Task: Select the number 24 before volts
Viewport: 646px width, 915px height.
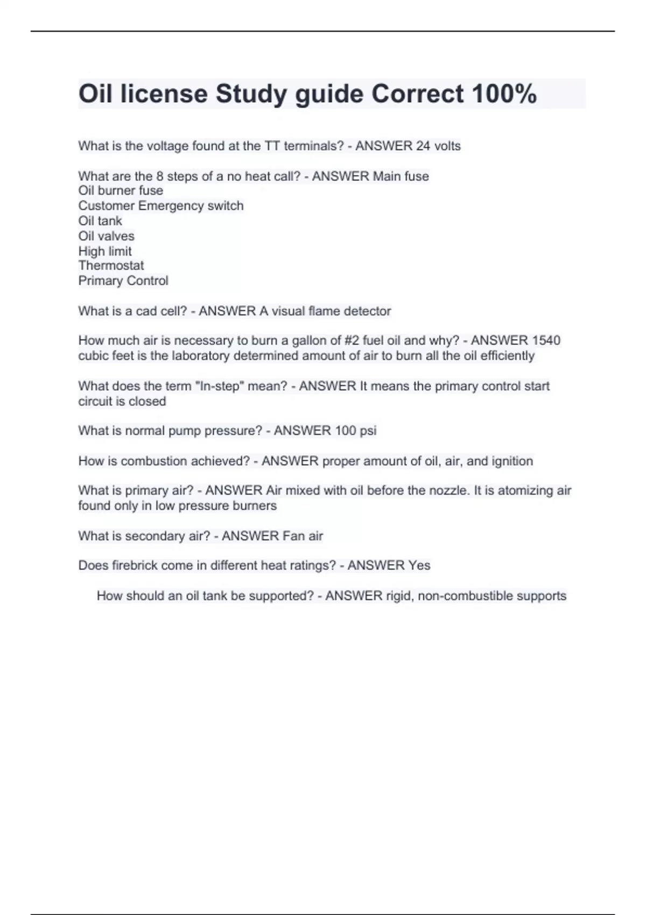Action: click(424, 146)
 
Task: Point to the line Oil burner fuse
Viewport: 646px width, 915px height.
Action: click(121, 191)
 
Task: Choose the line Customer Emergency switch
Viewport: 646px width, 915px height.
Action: click(160, 206)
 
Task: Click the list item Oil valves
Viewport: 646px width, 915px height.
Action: click(106, 236)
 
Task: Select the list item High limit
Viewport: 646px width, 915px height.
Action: click(104, 251)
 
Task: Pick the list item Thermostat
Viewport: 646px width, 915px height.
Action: click(111, 265)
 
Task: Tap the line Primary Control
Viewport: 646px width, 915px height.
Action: click(123, 280)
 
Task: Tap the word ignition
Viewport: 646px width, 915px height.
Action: click(511, 461)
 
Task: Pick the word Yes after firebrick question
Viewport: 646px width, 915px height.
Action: click(419, 565)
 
